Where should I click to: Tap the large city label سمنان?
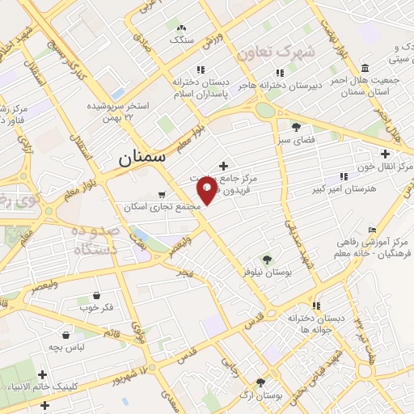point(142,158)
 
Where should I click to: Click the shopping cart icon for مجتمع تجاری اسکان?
point(162,194)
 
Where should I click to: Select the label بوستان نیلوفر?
point(271,272)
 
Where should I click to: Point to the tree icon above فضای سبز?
point(296,126)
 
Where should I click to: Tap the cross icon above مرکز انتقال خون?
point(385,153)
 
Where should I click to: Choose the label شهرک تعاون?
point(274,50)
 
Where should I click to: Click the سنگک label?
point(180,39)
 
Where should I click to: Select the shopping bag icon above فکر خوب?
point(97,295)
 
